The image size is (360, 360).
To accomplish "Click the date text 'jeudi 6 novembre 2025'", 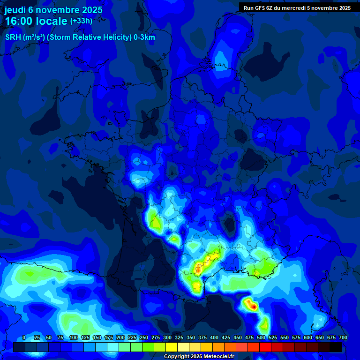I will click(53, 10).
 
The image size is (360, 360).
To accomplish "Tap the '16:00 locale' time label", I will click(36, 21).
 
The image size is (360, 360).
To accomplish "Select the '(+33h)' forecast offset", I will click(81, 21).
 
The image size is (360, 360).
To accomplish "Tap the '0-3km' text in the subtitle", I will click(143, 37).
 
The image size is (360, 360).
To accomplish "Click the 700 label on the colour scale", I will click(343, 337).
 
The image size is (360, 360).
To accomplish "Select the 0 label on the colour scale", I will click(24, 337).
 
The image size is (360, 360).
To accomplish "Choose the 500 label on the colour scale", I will click(261, 337).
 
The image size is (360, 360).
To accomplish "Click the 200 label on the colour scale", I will click(120, 337).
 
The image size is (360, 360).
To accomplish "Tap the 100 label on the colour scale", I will click(74, 337).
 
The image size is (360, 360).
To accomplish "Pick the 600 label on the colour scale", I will click(308, 337).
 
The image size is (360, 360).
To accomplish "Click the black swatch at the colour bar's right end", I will click(336, 347).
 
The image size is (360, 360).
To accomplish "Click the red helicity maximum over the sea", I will click(254, 307).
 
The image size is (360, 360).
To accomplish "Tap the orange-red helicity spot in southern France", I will click(198, 270).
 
